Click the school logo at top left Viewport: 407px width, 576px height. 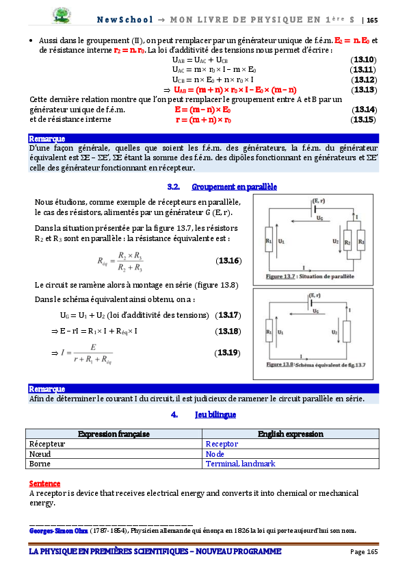point(65,14)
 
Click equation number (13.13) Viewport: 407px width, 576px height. point(363,90)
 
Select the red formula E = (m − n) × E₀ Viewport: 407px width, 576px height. point(202,110)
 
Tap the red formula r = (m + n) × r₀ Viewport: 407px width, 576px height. point(203,120)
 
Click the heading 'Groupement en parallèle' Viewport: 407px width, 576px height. point(234,187)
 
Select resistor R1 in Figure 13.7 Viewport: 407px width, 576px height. point(268,241)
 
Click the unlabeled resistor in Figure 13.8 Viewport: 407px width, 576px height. point(347,331)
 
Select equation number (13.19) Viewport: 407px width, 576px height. point(226,353)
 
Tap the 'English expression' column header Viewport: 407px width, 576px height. point(291,434)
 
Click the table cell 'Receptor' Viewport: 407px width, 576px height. point(222,444)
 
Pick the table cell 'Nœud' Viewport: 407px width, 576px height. point(40,453)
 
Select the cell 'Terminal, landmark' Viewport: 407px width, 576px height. point(240,464)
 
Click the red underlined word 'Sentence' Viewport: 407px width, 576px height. point(44,483)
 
